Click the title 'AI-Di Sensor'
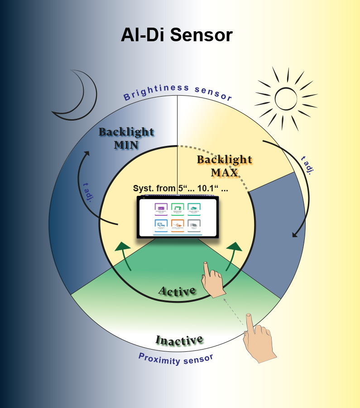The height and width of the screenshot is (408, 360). click(x=177, y=35)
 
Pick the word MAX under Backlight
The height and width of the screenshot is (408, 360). click(x=224, y=173)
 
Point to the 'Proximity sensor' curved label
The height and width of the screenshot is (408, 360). click(x=176, y=359)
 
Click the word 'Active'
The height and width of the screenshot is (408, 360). click(x=177, y=291)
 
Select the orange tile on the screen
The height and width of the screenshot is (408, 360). click(x=178, y=225)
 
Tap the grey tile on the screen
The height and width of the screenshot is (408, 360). click(x=194, y=225)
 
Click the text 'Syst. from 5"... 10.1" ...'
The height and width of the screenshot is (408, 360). click(x=180, y=189)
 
